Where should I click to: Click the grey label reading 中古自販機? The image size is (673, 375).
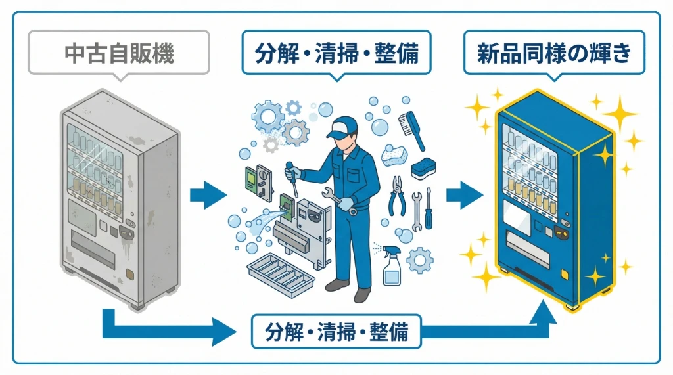pyautogui.click(x=119, y=53)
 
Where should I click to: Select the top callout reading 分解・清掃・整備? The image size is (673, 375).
pyautogui.click(x=336, y=53)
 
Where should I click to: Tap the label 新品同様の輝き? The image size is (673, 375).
pyautogui.click(x=554, y=53)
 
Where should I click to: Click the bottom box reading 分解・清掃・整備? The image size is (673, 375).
pyautogui.click(x=336, y=332)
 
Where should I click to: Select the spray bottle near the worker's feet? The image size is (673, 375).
pyautogui.click(x=391, y=265)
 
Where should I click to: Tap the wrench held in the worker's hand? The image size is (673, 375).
pyautogui.click(x=339, y=201)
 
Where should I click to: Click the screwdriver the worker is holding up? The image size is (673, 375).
pyautogui.click(x=292, y=179)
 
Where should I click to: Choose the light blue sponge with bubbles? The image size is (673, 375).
pyautogui.click(x=394, y=156)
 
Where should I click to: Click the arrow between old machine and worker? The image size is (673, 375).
pyautogui.click(x=208, y=195)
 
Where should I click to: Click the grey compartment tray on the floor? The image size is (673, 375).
pyautogui.click(x=281, y=275)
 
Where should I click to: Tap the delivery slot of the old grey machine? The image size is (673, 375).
pyautogui.click(x=93, y=250)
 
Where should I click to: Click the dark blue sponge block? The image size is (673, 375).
pyautogui.click(x=423, y=169)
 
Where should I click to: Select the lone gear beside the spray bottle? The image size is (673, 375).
pyautogui.click(x=420, y=261)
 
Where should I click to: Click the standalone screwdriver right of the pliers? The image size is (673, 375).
pyautogui.click(x=429, y=208)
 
